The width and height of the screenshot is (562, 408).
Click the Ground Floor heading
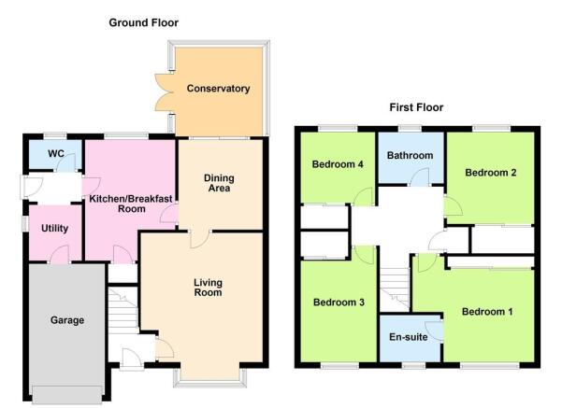tap(143, 23)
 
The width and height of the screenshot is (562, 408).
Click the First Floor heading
tap(416, 107)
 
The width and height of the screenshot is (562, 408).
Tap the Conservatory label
tap(218, 89)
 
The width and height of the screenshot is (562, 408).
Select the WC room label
tap(56, 153)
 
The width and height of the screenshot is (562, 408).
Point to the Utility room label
tap(54, 229)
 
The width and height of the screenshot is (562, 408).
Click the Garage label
tap(67, 320)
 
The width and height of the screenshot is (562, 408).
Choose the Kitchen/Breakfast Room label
tap(131, 204)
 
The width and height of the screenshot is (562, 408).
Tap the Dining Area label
tap(219, 183)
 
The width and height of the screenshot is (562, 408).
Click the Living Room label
tap(208, 288)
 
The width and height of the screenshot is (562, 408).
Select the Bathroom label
tap(410, 155)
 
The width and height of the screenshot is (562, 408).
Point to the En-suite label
tap(409, 337)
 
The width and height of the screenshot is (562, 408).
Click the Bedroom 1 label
tap(487, 312)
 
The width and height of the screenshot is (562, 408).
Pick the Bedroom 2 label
tap(491, 173)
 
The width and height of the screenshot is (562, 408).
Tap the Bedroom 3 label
tap(339, 302)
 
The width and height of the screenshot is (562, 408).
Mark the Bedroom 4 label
tap(338, 164)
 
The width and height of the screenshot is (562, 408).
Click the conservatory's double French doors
tap(165, 92)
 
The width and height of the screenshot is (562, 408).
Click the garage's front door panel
tap(67, 394)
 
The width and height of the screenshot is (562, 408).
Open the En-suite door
tap(434, 331)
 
